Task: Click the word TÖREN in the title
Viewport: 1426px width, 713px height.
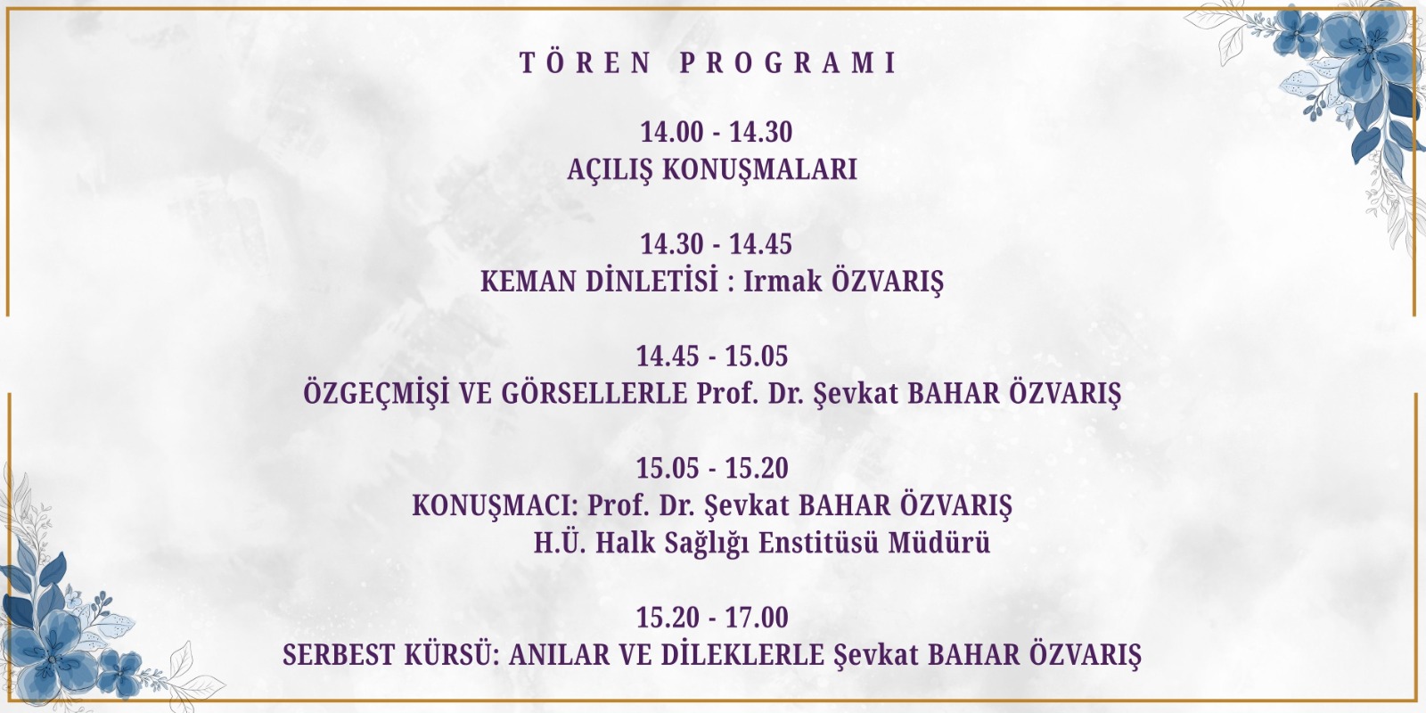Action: point(586,62)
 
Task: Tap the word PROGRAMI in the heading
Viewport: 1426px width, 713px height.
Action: point(788,62)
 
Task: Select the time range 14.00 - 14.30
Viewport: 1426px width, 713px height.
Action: point(717,132)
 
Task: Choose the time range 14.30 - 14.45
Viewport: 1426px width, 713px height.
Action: point(717,244)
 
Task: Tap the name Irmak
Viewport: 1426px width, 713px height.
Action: point(783,282)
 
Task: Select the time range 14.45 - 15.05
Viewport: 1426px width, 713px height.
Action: point(712,356)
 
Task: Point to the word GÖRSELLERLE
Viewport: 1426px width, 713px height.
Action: point(594,393)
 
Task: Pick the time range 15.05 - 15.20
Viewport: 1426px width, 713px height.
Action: point(712,468)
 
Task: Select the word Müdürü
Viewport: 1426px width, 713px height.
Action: point(939,543)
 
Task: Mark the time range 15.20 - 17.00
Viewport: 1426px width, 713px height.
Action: point(712,618)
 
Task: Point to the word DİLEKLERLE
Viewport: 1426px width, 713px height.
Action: point(743,655)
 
